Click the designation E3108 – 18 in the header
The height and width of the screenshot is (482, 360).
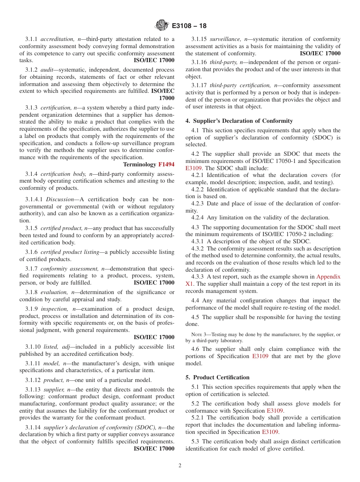189,26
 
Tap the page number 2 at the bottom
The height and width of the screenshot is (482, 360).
180,466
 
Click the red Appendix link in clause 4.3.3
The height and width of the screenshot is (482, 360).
328,277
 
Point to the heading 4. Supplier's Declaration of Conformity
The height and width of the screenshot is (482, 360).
239,121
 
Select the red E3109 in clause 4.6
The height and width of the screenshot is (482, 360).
260,356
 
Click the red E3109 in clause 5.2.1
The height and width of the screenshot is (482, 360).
270,432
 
